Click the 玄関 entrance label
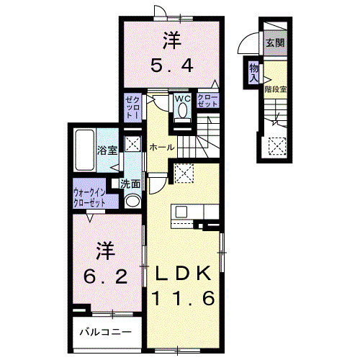(x=275, y=43)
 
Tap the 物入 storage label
(x=253, y=73)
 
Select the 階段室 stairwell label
(x=276, y=89)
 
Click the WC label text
(x=183, y=99)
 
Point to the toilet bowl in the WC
(x=183, y=110)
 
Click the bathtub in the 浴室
(x=84, y=150)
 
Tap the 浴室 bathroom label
(x=107, y=150)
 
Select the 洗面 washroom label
(x=130, y=184)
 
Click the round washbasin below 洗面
(x=132, y=201)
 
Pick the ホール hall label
(x=162, y=147)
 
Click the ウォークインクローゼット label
(x=89, y=197)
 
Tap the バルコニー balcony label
(x=106, y=332)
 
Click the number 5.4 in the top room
(x=172, y=66)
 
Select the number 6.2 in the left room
(x=105, y=277)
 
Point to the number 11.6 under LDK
(x=183, y=298)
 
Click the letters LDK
(x=183, y=273)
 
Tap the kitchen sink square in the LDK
(x=181, y=212)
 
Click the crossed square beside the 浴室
(x=132, y=144)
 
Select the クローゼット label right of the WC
(x=208, y=101)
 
